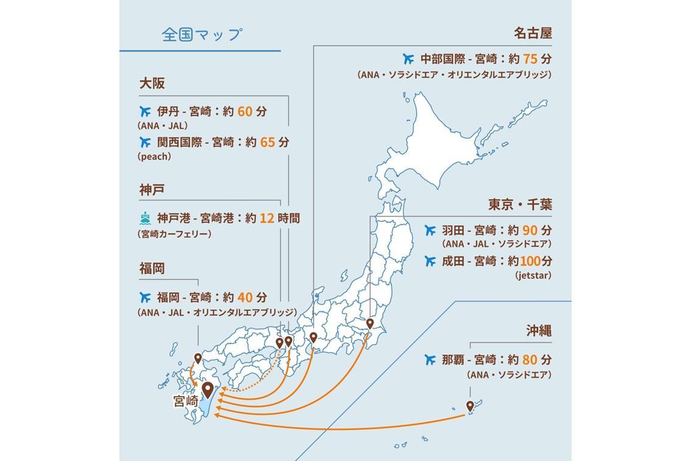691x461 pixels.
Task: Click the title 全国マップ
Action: (x=202, y=34)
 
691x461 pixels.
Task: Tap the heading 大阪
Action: (x=152, y=84)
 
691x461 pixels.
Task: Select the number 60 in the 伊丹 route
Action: (x=244, y=112)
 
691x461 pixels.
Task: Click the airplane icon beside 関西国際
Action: (x=145, y=142)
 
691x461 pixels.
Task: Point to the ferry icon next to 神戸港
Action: (x=145, y=218)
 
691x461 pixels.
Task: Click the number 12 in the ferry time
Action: (x=266, y=218)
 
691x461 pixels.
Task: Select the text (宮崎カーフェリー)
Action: (x=174, y=234)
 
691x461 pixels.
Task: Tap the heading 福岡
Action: (x=152, y=268)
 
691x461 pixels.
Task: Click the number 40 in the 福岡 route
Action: (x=244, y=298)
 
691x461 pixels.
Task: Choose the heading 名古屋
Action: (x=533, y=33)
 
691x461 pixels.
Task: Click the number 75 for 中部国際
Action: (x=530, y=59)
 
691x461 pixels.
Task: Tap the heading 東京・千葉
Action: (x=520, y=204)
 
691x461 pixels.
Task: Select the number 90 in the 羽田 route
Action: (x=530, y=230)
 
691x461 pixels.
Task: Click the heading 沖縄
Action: (x=539, y=331)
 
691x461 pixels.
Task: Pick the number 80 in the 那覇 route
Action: (x=530, y=360)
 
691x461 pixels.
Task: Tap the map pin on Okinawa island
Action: (x=470, y=406)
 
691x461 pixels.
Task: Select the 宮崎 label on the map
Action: (x=186, y=401)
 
